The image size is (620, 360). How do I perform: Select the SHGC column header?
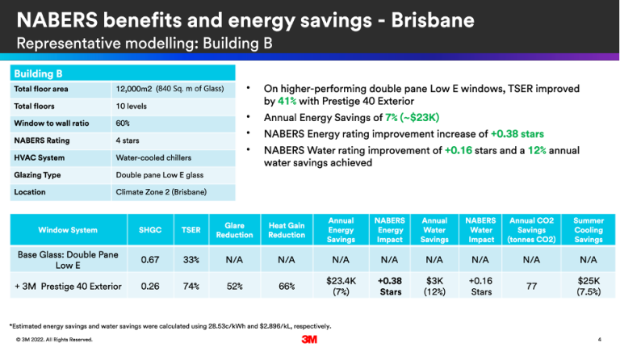click(149, 231)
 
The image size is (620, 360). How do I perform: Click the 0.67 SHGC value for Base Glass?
click(149, 260)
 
